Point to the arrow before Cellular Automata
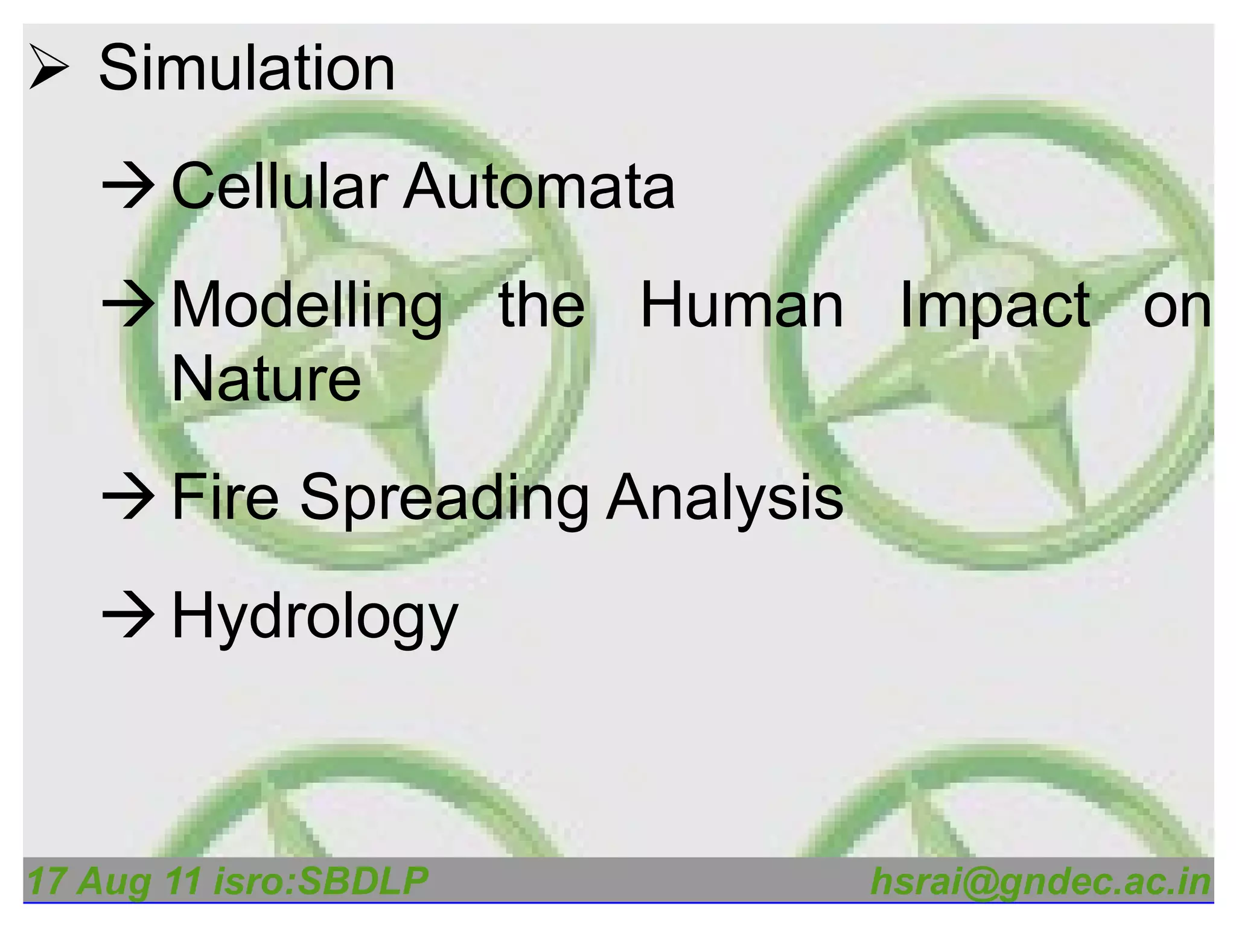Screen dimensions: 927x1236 tap(128, 187)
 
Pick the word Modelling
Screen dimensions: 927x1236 tap(307, 307)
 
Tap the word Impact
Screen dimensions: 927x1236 tap(995, 307)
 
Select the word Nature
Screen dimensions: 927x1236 tap(266, 379)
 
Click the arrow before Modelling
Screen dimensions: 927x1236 tap(128, 305)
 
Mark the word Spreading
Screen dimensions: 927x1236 tap(444, 499)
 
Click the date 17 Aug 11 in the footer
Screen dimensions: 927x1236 tap(114, 881)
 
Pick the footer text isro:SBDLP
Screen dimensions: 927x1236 tap(320, 881)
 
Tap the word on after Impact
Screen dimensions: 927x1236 tap(1177, 307)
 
